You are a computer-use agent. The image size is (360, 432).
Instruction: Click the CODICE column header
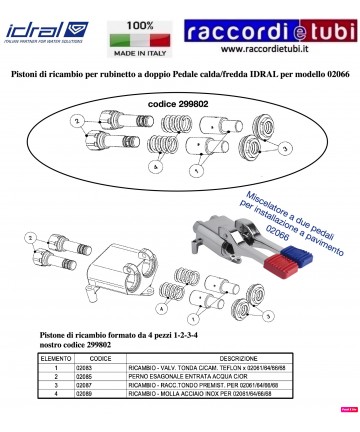(x=101, y=356)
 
